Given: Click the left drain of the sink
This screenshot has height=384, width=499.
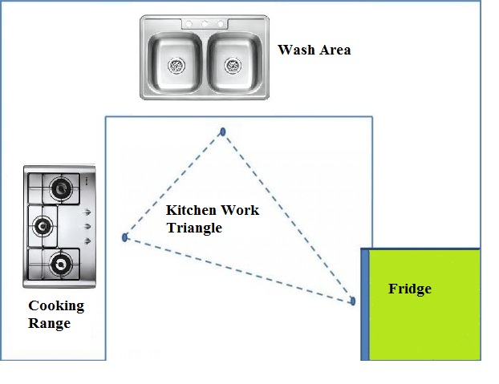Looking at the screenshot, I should click(177, 64).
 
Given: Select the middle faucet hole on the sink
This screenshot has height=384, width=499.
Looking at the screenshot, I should click(205, 24).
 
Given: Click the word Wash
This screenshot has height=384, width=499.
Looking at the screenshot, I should click(294, 50).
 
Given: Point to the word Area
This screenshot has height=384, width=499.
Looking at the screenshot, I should click(333, 50).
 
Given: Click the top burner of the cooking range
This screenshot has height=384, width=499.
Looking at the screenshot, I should click(59, 189).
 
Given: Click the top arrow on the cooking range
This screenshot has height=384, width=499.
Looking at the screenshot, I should click(86, 212).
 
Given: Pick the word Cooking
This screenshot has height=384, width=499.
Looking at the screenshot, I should click(56, 306).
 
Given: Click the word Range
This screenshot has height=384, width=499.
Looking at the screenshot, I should click(49, 324).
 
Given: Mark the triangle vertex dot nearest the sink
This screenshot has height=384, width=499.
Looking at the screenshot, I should click(223, 131).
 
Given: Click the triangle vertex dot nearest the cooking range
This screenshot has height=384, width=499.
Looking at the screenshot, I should click(124, 237).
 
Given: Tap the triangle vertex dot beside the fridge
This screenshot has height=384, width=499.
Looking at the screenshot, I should click(352, 301).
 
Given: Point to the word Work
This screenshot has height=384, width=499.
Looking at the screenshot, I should click(241, 210).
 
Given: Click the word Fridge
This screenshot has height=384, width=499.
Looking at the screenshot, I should click(409, 289).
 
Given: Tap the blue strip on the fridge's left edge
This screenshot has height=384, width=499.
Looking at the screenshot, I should click(364, 304).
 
